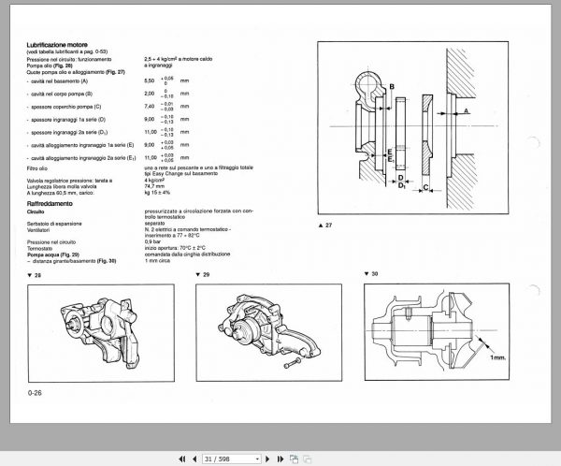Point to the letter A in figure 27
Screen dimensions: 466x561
467,109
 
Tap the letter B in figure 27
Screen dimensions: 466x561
392,87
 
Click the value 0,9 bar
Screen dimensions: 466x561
154,241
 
